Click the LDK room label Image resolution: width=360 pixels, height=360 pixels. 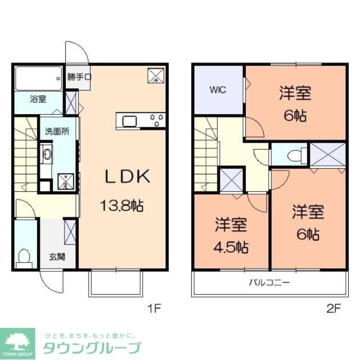[127, 177]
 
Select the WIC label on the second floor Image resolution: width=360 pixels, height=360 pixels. [218, 90]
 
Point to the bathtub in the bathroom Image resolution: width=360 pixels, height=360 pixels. [38, 78]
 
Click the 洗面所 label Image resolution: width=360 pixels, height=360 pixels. [57, 131]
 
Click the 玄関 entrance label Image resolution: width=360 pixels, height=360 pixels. [57, 257]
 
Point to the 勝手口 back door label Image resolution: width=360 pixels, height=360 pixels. [79, 77]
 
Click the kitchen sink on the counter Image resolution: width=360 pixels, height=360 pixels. [129, 121]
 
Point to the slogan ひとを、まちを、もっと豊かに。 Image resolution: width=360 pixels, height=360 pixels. [90, 336]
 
